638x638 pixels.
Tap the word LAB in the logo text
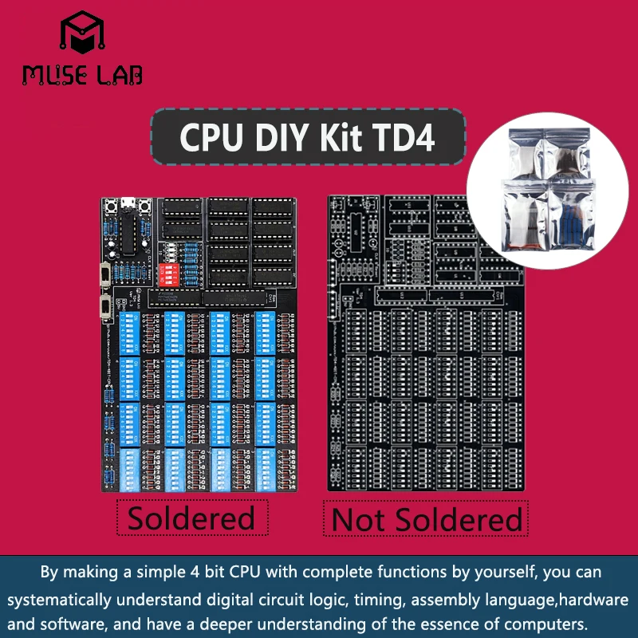pos(116,75)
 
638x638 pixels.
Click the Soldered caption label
pos(191,518)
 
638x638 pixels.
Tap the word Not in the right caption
pos(358,520)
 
